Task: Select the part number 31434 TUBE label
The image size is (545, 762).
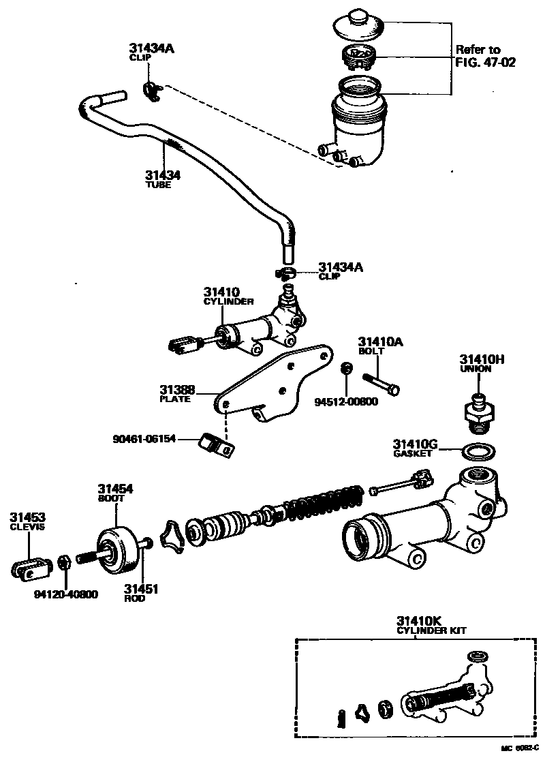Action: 163,179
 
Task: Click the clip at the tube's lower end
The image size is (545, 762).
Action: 286,273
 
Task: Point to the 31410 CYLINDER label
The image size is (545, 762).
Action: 228,296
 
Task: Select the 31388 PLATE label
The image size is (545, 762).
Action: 177,394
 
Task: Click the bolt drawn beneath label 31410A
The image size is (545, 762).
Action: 381,382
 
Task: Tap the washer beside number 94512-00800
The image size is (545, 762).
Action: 346,369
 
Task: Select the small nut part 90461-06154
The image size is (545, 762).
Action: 216,444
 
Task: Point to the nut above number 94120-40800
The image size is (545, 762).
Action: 64,562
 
